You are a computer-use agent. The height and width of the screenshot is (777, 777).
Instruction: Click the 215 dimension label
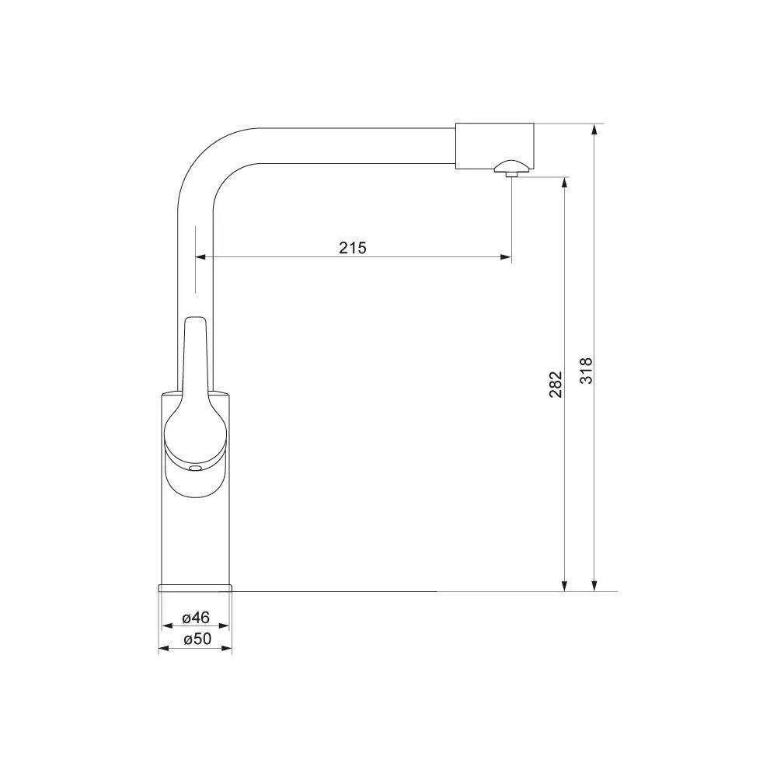tap(353, 247)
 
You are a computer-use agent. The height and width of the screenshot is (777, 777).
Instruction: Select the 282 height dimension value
tap(556, 384)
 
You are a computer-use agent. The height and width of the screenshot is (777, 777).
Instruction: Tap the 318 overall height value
tap(587, 371)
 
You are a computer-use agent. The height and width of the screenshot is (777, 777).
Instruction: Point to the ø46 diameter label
tap(196, 618)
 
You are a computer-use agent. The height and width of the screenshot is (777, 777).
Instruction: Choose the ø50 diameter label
tap(197, 639)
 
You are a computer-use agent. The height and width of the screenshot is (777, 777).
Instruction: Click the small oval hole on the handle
tap(195, 468)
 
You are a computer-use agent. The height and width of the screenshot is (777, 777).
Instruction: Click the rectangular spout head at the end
tap(494, 146)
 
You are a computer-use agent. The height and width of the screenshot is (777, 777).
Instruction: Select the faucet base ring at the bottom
tap(195, 588)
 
